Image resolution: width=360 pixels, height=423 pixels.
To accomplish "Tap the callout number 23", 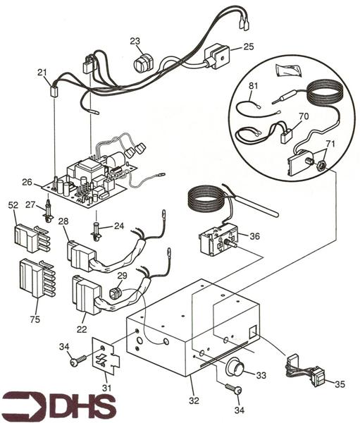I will pos(135,41).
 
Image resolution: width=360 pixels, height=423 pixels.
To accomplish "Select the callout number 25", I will pos(248,47).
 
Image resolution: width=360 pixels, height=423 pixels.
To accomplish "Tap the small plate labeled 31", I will pos(102,362).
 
